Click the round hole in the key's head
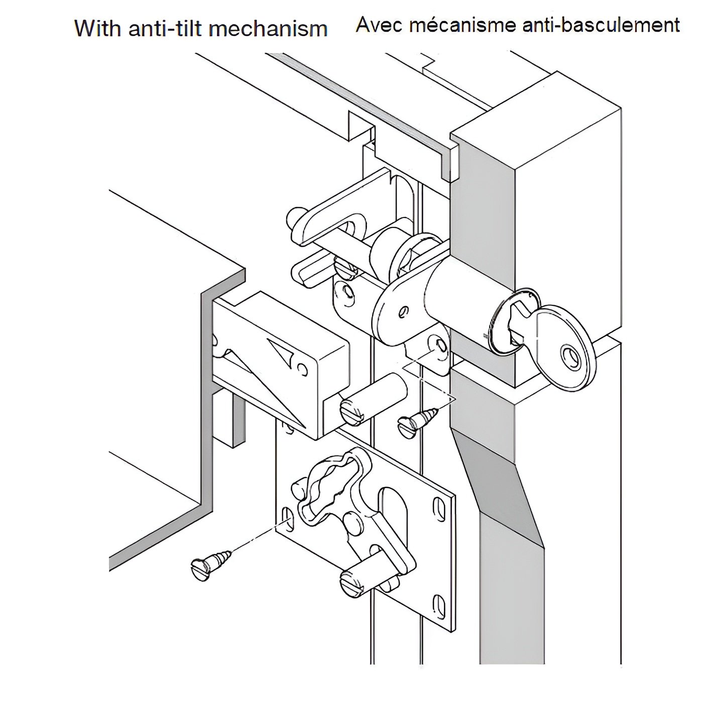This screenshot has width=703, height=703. [x=570, y=356]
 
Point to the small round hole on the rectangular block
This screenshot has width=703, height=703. [x=302, y=370]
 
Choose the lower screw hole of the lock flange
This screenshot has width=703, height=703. [x=439, y=346]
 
